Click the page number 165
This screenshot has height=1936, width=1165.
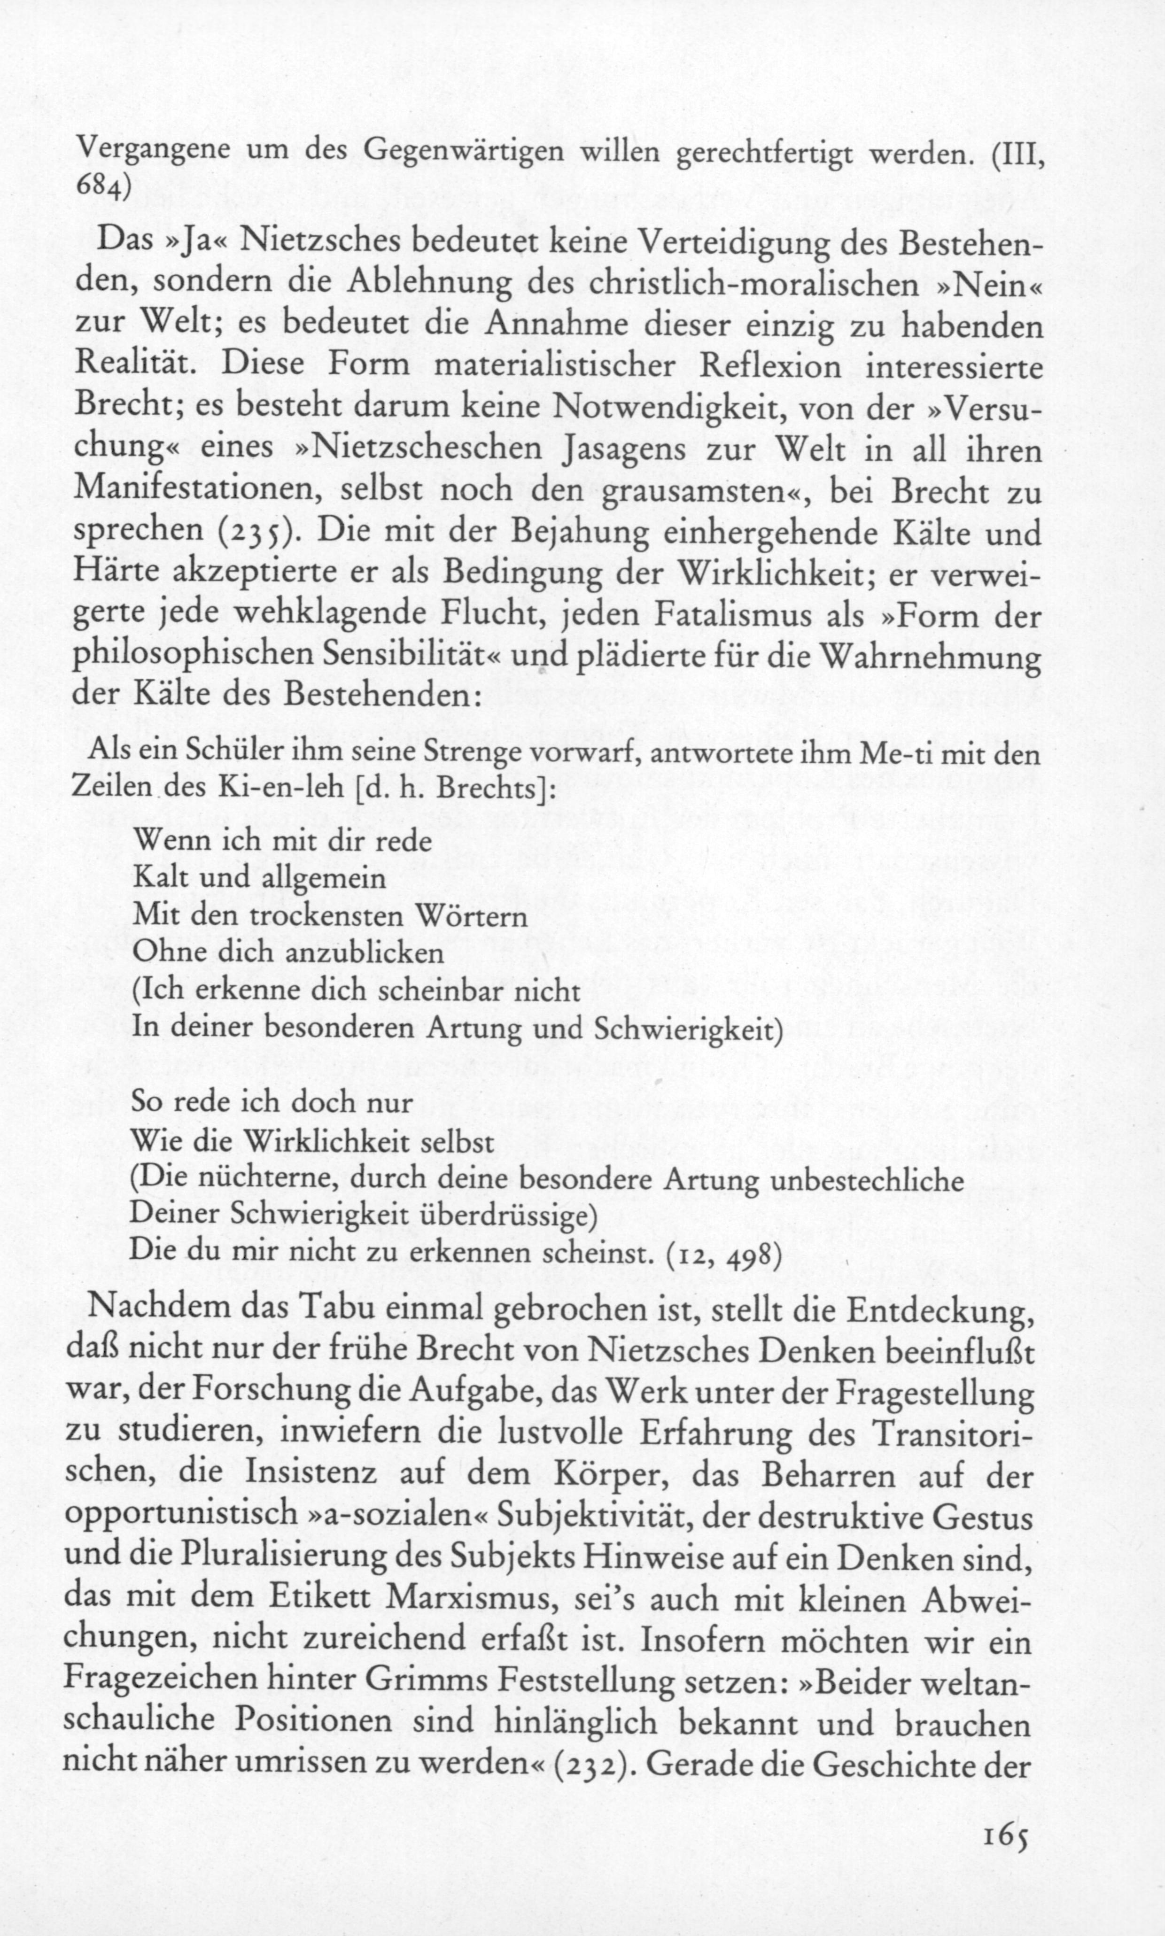[x=1004, y=1856]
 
